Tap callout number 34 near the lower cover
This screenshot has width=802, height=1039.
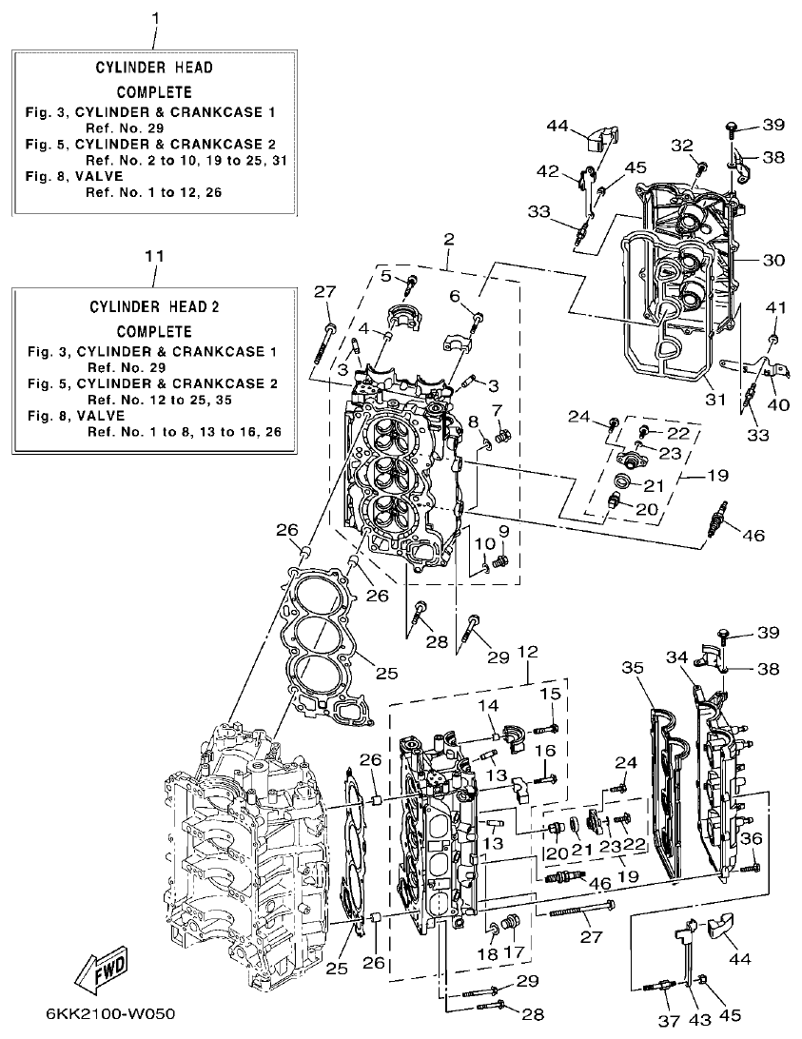click(677, 657)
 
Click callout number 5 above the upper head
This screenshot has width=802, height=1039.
click(386, 276)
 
